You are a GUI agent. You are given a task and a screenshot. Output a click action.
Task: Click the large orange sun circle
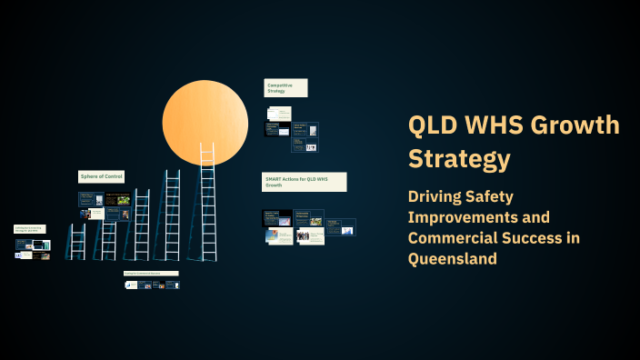[205, 122]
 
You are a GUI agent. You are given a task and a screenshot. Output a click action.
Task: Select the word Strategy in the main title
[459, 159]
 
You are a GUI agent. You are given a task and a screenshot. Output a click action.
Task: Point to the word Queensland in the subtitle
[453, 258]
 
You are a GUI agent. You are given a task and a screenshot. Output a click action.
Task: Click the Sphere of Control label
[101, 176]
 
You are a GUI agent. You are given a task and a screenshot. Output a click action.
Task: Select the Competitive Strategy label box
[285, 87]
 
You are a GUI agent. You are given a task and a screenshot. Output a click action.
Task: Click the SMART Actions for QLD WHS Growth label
[304, 182]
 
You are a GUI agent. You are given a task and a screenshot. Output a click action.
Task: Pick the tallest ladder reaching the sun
[207, 205]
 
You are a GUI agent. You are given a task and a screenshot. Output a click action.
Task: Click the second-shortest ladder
[109, 235]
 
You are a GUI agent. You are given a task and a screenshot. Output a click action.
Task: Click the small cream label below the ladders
[151, 273]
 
